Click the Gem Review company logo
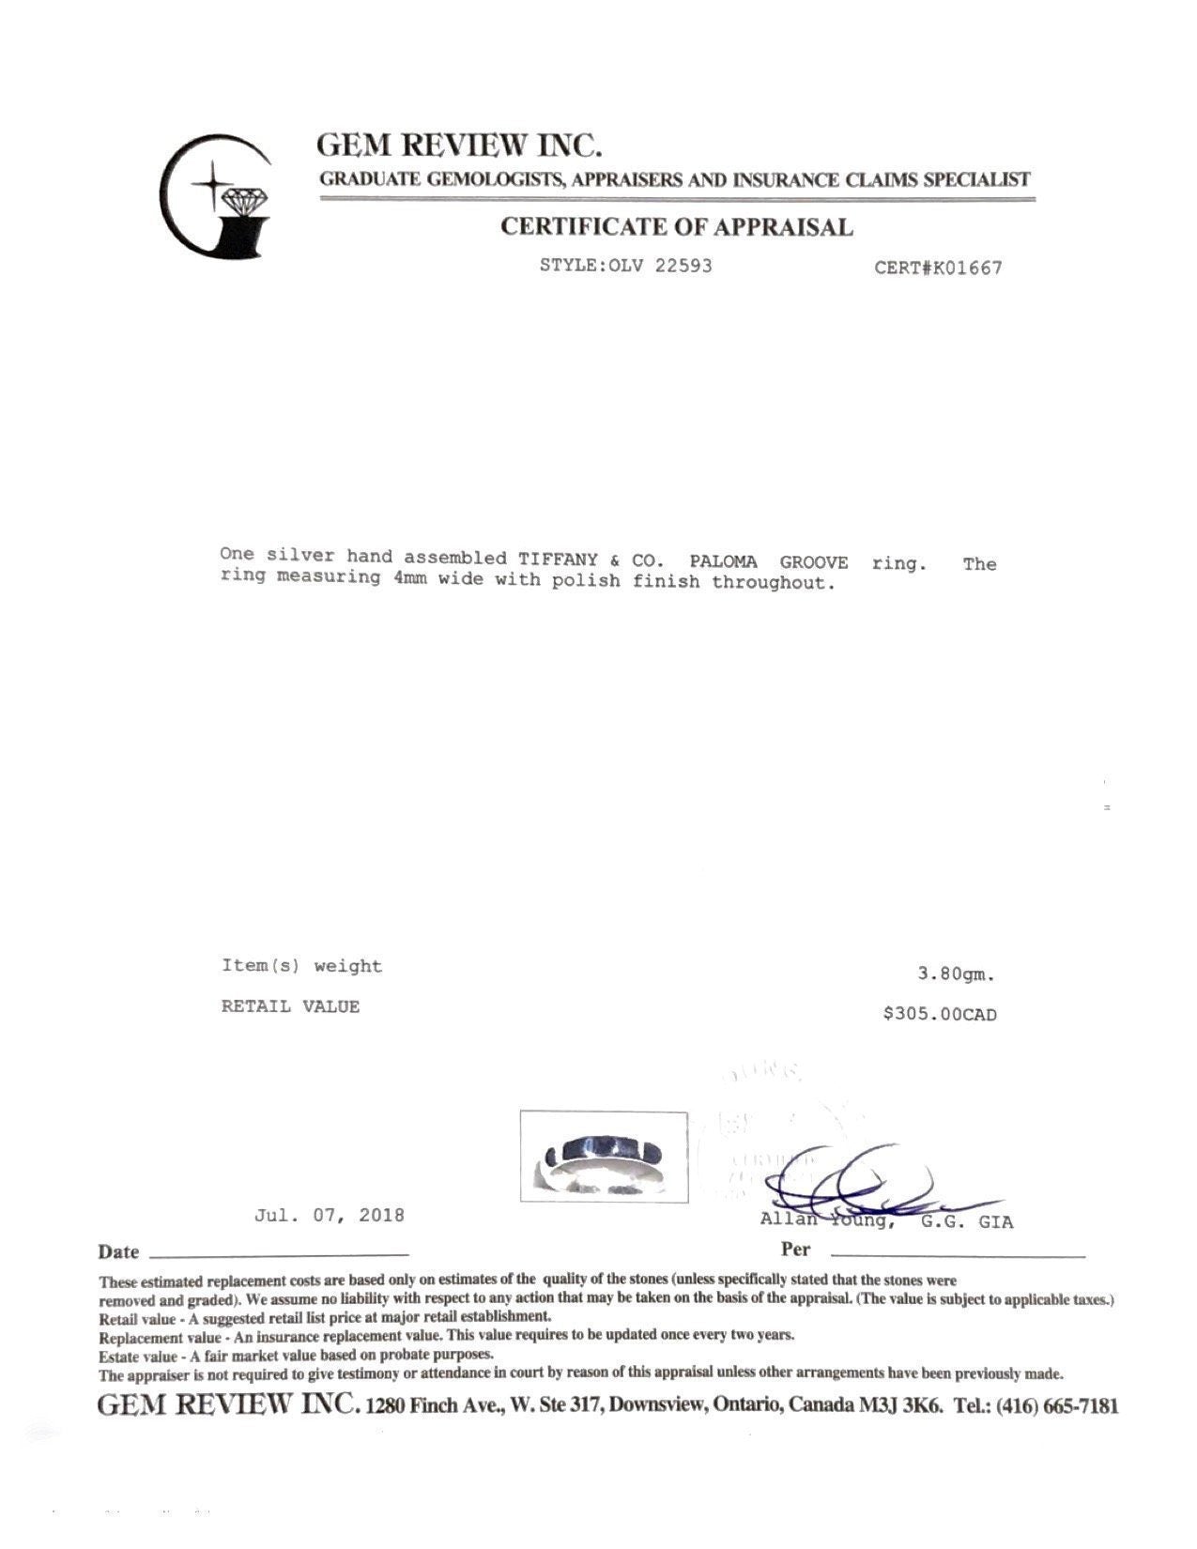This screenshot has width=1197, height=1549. point(216,196)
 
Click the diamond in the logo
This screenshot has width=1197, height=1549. point(245,199)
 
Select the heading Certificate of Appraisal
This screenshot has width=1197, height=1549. point(676,227)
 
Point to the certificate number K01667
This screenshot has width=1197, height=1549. point(966,268)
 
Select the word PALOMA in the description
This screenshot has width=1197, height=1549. point(723,562)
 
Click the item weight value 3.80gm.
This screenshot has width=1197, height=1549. point(956,974)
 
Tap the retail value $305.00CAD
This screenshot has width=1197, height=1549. point(940,1015)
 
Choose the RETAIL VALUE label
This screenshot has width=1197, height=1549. point(290,1006)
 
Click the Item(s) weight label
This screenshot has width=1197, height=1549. point(301,966)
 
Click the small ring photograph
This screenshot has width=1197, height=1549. point(604,1157)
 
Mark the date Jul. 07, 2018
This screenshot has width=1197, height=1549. point(329,1216)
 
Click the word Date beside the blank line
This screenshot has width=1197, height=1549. point(118,1252)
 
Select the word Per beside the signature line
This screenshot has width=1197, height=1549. point(794,1250)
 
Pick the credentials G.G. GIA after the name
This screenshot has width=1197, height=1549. point(966,1222)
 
